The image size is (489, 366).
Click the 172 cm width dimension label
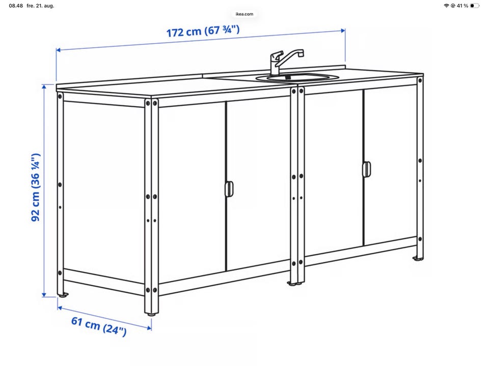click(x=203, y=31)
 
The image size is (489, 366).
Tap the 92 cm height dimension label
click(x=36, y=188)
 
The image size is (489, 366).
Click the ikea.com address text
click(x=244, y=14)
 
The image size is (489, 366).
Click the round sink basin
click(x=297, y=77)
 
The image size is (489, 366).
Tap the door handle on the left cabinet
click(x=229, y=189)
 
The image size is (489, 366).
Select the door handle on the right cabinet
click(x=366, y=169)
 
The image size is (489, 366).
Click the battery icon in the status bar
click(x=474, y=6)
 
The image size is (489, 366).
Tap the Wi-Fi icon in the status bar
click(x=446, y=6)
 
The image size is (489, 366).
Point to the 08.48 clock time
click(x=16, y=6)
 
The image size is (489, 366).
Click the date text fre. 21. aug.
click(x=40, y=6)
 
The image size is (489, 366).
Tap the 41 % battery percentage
click(x=462, y=6)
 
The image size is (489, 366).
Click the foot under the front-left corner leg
click(x=152, y=314)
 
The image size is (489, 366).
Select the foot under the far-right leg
click(x=418, y=258)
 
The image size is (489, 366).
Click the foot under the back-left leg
click(x=63, y=295)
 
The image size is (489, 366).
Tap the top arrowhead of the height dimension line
click(x=44, y=86)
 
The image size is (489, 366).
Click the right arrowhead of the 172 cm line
click(x=343, y=30)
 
